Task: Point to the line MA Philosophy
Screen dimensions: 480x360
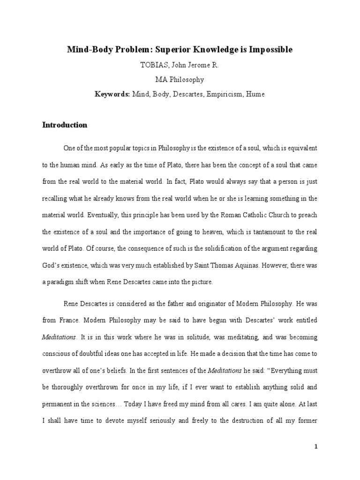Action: pos(180,80)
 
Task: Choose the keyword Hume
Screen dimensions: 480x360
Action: pos(255,94)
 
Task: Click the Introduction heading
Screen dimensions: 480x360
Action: pos(65,125)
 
